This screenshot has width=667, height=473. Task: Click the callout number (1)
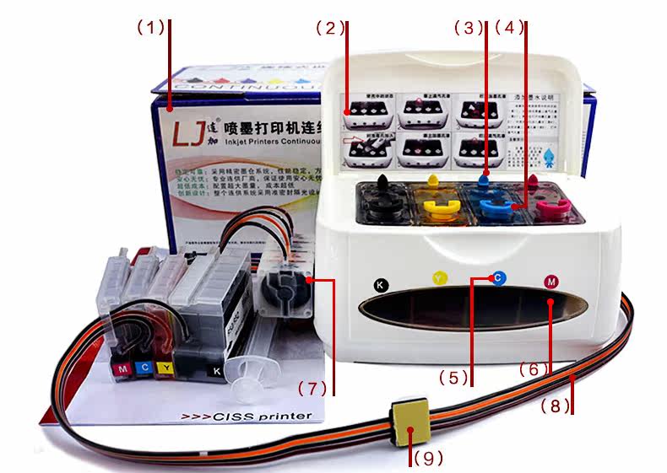pyautogui.click(x=151, y=28)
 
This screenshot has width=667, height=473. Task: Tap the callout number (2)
pyautogui.click(x=330, y=28)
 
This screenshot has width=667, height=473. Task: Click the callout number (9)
pyautogui.click(x=427, y=459)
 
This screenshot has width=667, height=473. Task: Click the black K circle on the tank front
pyautogui.click(x=380, y=284)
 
